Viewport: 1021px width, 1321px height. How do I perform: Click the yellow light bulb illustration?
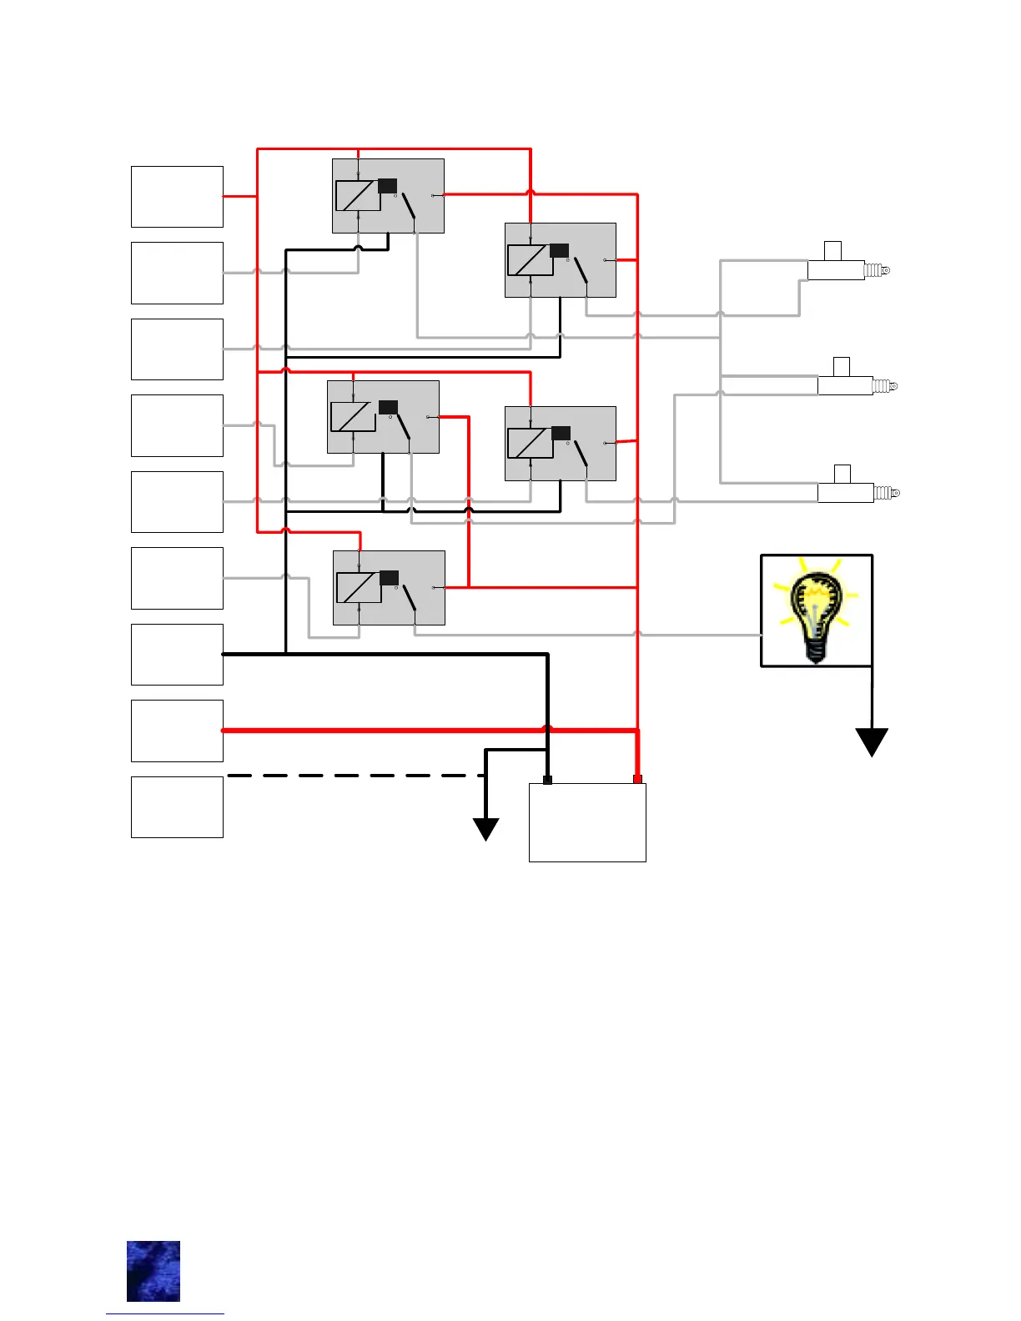[x=816, y=610]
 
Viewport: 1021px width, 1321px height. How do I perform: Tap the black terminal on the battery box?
[x=547, y=780]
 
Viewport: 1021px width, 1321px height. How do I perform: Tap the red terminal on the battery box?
[x=637, y=779]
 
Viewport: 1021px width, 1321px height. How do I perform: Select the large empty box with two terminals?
[x=587, y=823]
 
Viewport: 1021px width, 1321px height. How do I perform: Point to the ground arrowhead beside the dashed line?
[x=486, y=829]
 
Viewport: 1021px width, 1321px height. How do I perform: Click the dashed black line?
[x=355, y=776]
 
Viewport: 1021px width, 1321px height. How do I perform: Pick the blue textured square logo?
[x=153, y=1271]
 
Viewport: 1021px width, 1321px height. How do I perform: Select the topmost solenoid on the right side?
[x=844, y=267]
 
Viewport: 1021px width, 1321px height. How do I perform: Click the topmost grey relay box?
[x=388, y=196]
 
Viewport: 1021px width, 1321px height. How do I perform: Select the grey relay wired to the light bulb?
[x=389, y=587]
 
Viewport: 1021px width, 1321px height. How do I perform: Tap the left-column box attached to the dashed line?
[x=177, y=806]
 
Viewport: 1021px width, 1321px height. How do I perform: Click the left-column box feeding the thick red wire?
[x=177, y=731]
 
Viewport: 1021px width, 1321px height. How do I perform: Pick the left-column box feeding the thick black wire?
[x=177, y=654]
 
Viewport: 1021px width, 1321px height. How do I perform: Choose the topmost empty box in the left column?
[x=177, y=197]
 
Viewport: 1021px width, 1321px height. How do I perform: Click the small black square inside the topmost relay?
[x=387, y=185]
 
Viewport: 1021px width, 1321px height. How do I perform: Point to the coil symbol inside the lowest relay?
[x=360, y=587]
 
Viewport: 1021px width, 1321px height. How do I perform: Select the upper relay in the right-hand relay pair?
[x=561, y=260]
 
